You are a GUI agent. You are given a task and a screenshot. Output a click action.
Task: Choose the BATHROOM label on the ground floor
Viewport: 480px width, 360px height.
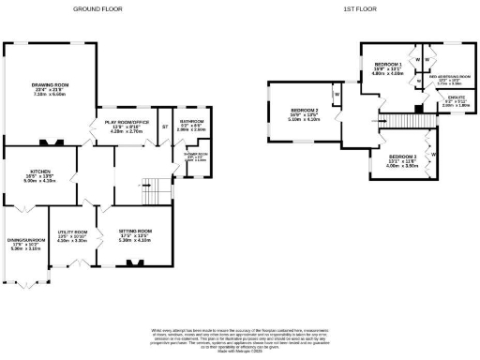coord(192,121)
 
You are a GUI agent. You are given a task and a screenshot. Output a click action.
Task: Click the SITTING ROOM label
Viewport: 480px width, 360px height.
coord(135,230)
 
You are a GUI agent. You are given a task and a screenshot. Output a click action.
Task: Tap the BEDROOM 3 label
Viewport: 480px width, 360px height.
coord(401,157)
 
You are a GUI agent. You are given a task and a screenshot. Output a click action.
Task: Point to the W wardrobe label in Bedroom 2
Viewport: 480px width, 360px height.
coord(335,95)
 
